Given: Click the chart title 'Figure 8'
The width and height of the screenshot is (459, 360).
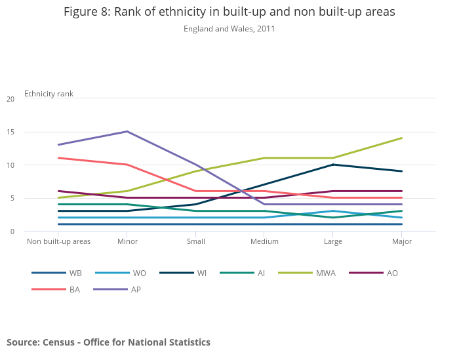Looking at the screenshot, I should [x=229, y=12].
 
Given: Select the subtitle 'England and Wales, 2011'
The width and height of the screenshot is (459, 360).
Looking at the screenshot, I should [x=229, y=29].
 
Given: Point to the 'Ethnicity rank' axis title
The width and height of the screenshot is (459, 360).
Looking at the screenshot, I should [x=49, y=94].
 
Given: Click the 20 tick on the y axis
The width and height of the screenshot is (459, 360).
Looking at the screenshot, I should [x=10, y=99].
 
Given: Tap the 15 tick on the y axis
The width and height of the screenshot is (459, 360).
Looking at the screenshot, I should [x=10, y=132].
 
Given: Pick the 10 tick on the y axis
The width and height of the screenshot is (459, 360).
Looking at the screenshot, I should [x=10, y=165].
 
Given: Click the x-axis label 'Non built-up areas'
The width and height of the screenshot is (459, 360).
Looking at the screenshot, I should [x=58, y=241].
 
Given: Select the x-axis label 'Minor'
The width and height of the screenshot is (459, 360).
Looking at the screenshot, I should [x=127, y=241].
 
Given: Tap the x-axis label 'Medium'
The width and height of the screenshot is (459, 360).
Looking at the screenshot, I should [x=264, y=241].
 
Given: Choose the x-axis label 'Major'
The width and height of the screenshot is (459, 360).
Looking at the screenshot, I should [x=401, y=241].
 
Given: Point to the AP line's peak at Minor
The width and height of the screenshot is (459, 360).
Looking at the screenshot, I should [x=127, y=132].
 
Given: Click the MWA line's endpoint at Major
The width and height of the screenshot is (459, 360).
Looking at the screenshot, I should [x=401, y=138].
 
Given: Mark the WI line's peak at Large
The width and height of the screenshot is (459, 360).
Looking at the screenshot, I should [x=333, y=165].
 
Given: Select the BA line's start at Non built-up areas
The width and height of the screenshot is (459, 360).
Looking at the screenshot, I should [x=58, y=158].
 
